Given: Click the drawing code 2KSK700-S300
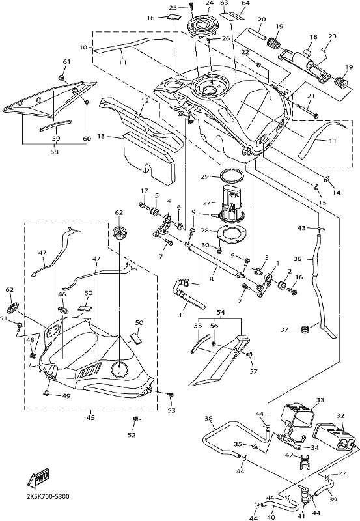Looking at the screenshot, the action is click(x=48, y=497).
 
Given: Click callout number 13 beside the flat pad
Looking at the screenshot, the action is click(x=101, y=136).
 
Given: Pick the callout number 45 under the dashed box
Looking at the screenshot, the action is click(x=90, y=417).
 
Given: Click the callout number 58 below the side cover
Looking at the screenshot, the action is click(x=55, y=152).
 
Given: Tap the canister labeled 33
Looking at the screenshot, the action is click(x=297, y=413).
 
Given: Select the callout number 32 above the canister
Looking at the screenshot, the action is click(x=340, y=415).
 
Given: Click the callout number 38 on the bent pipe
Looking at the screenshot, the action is click(x=208, y=419).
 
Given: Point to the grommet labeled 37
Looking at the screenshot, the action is click(x=304, y=330).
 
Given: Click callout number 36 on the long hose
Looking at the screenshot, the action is click(x=298, y=259).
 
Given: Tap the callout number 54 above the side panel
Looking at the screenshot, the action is click(x=221, y=313).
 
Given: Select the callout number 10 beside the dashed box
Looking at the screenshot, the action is click(x=83, y=48).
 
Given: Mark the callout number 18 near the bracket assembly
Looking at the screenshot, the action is click(x=313, y=37).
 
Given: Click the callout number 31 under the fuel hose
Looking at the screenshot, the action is click(x=181, y=314).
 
